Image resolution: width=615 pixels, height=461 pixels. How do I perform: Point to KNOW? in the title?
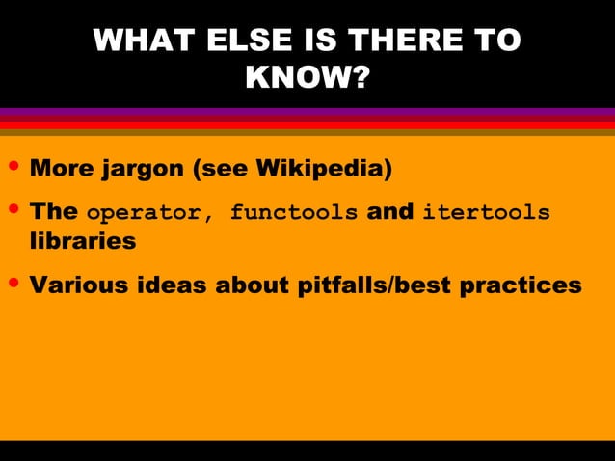tap(307, 76)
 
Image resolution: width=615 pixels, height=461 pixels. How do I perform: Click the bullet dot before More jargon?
tap(13, 169)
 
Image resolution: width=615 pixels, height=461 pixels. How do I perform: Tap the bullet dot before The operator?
tap(13, 211)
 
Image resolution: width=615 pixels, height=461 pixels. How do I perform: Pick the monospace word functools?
tap(293, 212)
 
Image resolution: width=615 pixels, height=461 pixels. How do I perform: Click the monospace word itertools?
tap(486, 212)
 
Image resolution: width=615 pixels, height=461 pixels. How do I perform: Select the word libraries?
tap(83, 241)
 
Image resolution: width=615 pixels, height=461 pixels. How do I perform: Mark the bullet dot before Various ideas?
tap(13, 285)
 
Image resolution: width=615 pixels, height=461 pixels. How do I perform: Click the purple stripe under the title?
tap(307, 113)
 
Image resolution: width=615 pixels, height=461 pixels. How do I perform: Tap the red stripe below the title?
tap(307, 123)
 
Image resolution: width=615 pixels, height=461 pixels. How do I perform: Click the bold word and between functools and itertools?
tap(390, 211)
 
